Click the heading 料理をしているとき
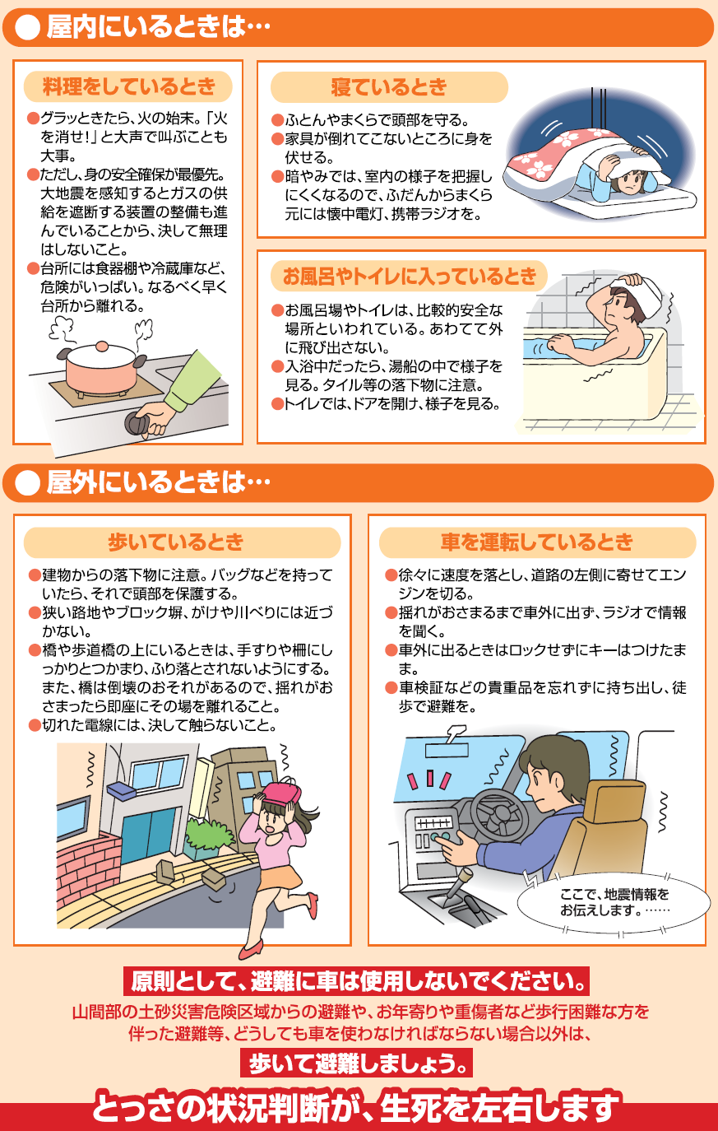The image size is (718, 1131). (x=127, y=86)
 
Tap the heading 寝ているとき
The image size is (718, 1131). (x=388, y=87)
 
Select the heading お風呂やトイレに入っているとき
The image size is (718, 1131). (x=409, y=277)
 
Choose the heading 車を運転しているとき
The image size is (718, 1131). (x=536, y=542)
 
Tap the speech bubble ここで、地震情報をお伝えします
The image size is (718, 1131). (x=614, y=902)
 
